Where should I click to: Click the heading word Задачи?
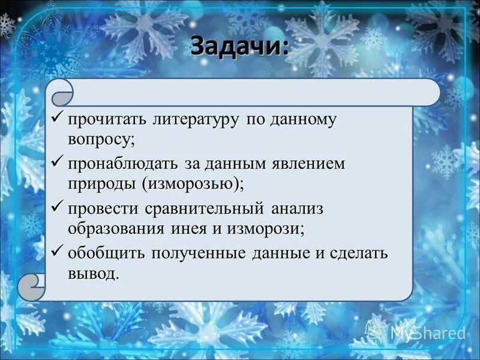pos(239,46)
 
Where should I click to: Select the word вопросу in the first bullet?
pos(100,139)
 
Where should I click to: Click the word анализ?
pos(298,208)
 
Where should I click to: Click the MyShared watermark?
pos(420,332)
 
